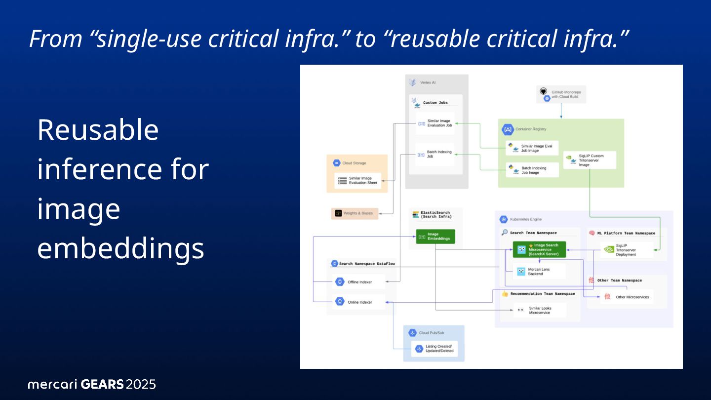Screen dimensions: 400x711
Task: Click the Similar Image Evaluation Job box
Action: pos(435,123)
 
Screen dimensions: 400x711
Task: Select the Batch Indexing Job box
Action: pos(434,154)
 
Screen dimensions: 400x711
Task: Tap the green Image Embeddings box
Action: pos(435,237)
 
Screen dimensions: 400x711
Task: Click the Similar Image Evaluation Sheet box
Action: pos(358,181)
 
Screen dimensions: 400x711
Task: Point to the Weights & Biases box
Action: pos(355,213)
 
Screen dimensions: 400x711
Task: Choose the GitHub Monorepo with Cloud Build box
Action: pos(561,94)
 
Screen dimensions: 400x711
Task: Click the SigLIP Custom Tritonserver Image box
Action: pos(590,160)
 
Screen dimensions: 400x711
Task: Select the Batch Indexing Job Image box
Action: pos(532,170)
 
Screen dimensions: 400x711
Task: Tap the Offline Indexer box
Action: pos(358,282)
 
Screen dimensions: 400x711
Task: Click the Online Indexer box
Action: pos(358,302)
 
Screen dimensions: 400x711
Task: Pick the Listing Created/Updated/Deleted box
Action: pos(434,349)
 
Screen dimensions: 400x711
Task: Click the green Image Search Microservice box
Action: pos(539,250)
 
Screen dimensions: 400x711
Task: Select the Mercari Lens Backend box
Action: pos(539,271)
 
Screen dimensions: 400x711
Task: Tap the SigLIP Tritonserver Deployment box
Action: pos(627,250)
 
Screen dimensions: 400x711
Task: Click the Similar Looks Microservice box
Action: pos(539,310)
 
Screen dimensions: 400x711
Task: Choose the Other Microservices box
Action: pos(627,297)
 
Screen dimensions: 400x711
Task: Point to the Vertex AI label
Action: pos(428,82)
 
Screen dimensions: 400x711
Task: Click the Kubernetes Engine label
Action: pos(527,219)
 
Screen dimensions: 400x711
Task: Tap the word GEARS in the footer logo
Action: pos(102,384)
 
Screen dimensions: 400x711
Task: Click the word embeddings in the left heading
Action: pos(120,248)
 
